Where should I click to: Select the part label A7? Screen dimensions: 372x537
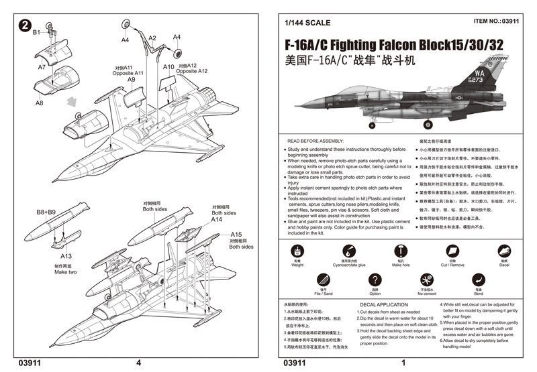(x=42, y=68)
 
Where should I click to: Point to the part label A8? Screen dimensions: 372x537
(x=40, y=103)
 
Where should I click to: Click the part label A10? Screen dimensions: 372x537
(x=168, y=67)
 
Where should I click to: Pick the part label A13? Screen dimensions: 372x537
(x=66, y=256)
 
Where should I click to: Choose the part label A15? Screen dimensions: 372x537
(x=236, y=233)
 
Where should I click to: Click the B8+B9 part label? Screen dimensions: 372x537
(x=46, y=212)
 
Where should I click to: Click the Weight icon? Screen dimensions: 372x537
(x=297, y=250)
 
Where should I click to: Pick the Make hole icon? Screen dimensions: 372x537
(x=400, y=250)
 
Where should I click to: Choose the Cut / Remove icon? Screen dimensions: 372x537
(x=451, y=250)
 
